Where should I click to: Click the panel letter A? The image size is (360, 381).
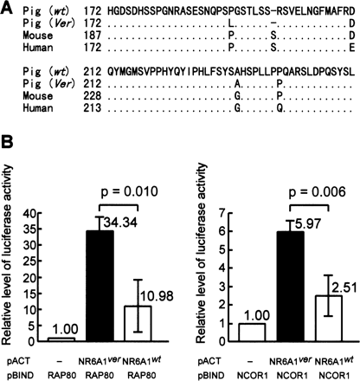point(7,7)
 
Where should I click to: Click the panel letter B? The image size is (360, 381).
point(7,160)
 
